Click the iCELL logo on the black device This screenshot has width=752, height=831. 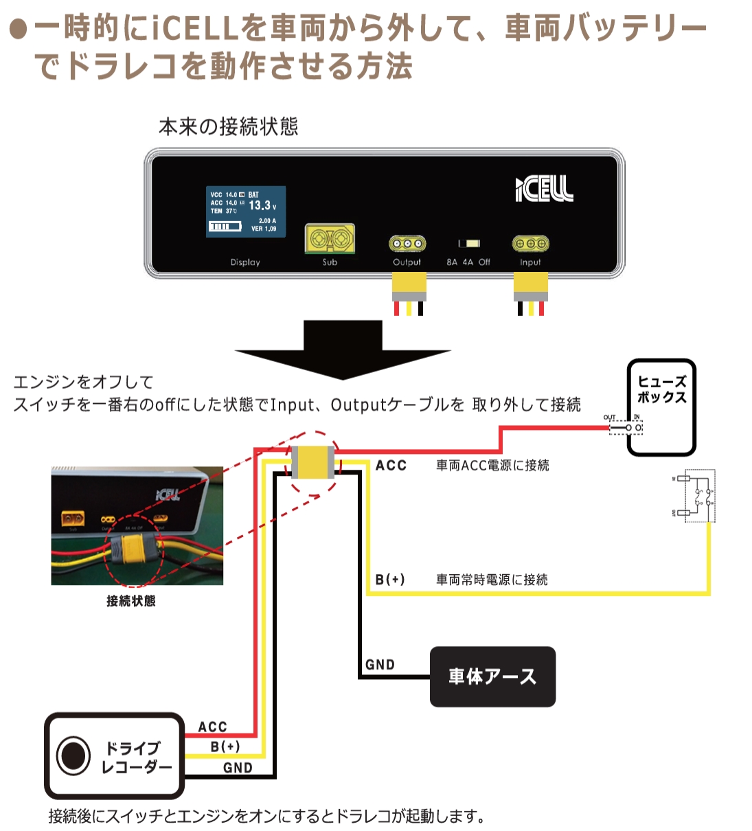pos(544,189)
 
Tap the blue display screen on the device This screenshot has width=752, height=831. pos(246,212)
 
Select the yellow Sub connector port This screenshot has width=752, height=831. pos(330,239)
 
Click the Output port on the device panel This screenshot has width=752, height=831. pos(407,244)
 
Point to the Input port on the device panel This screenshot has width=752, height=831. pos(530,244)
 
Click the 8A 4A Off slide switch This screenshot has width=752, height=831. pos(469,244)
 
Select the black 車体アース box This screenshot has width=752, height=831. pos(492,676)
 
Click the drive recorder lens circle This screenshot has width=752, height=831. pos(73,755)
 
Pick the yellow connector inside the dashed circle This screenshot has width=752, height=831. pos(312,462)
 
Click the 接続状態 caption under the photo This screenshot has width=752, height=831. pos(131,601)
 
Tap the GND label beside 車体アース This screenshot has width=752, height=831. pos(380,664)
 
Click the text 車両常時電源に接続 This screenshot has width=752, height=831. pos(492,580)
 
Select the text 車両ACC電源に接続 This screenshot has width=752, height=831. pos(492,465)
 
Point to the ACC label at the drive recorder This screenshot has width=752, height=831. pos(212,727)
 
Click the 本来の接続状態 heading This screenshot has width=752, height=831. pos(228,126)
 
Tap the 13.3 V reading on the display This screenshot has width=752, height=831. pos(262,205)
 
